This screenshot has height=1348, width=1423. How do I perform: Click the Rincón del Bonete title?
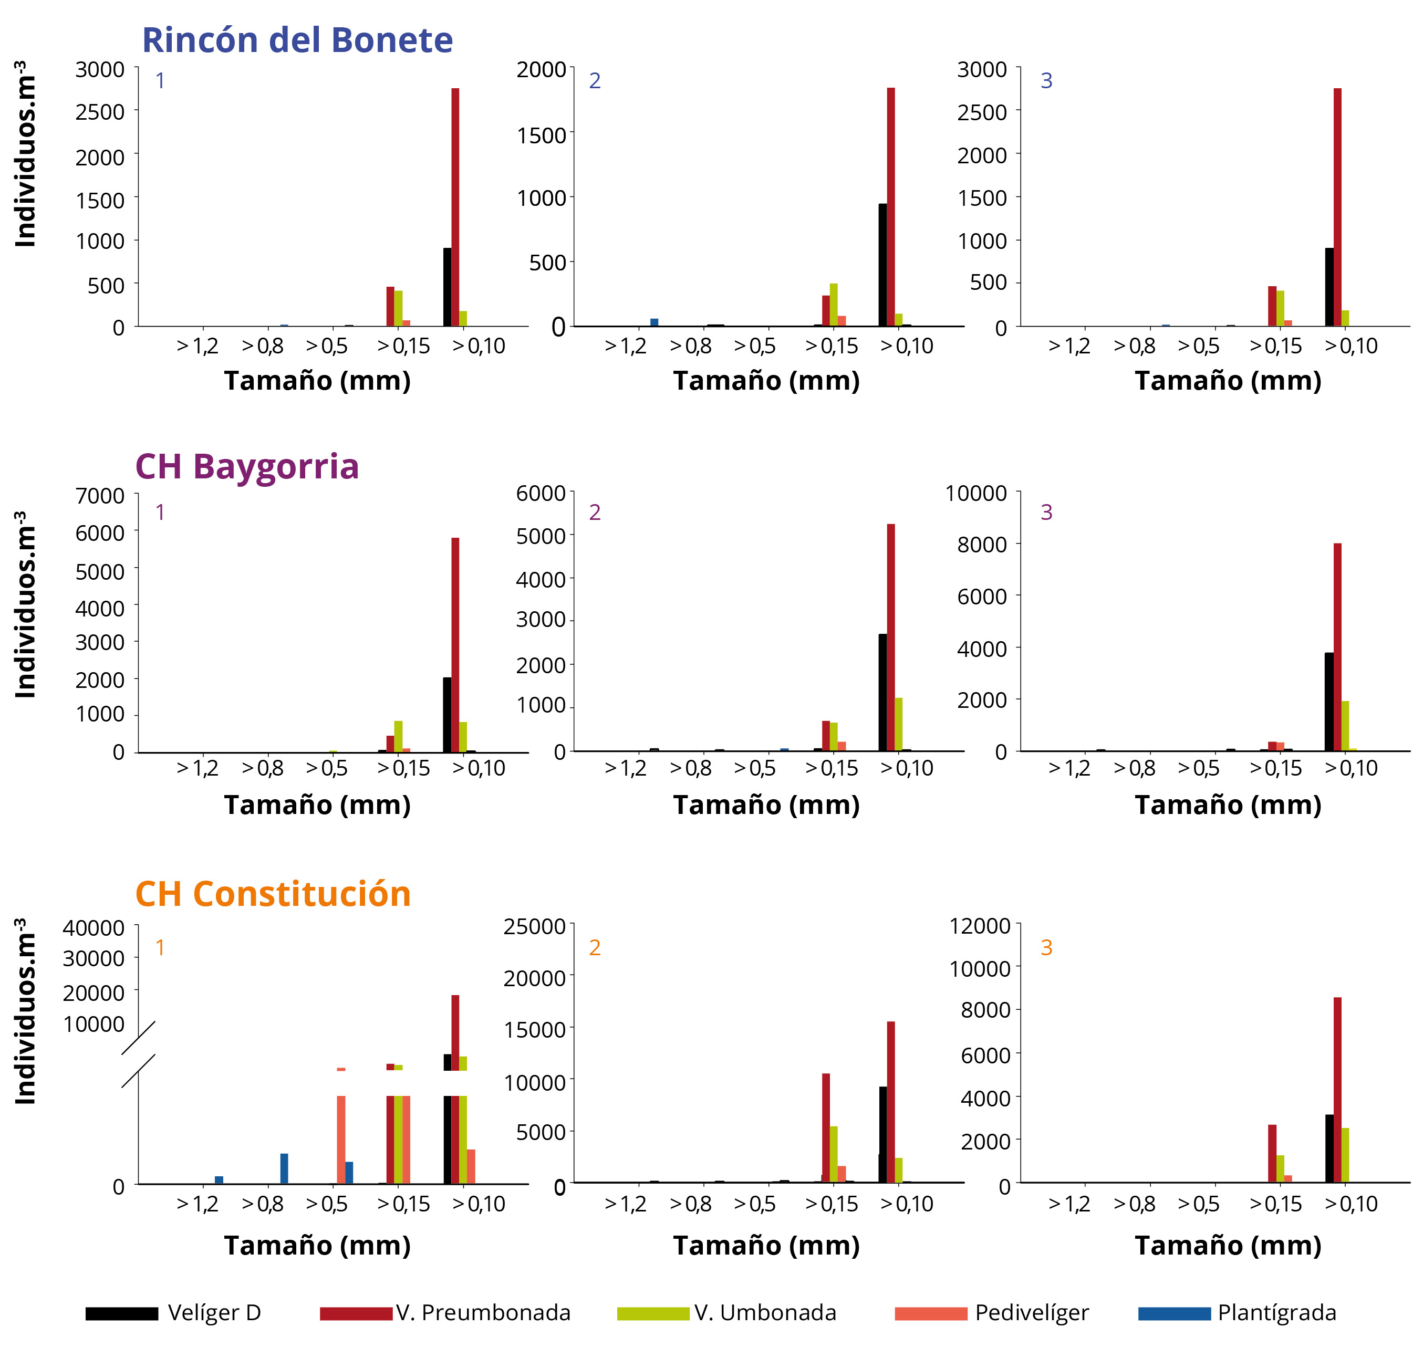[x=297, y=40]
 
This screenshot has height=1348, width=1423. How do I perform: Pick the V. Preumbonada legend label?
[x=483, y=1313]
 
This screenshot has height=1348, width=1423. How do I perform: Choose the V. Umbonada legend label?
[x=765, y=1313]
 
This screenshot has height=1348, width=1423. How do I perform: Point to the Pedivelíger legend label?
[x=1031, y=1313]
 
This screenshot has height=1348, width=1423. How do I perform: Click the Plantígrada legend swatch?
[x=1175, y=1313]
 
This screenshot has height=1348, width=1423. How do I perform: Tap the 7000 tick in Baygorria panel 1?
[x=100, y=496]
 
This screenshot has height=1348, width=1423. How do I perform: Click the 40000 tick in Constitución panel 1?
[x=94, y=928]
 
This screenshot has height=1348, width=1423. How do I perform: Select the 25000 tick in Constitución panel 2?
[x=534, y=926]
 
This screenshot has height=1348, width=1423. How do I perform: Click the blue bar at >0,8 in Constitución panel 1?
[x=284, y=1168]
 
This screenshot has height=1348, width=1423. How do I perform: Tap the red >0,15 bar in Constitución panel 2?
[x=826, y=1128]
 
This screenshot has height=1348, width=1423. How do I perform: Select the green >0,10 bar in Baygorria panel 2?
[x=898, y=724]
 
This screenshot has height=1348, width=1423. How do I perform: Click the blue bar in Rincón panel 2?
[x=654, y=322]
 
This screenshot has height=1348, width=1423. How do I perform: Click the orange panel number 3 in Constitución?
[x=1046, y=948]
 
